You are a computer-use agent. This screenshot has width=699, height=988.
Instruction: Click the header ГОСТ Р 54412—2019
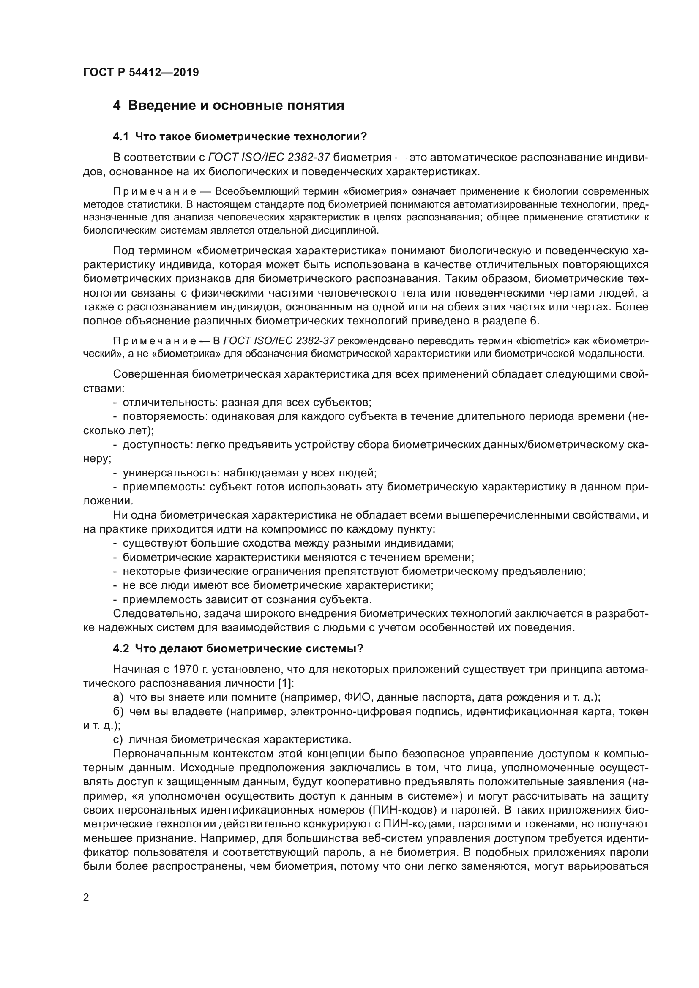click(141, 72)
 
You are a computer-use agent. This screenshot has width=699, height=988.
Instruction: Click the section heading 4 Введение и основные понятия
click(228, 106)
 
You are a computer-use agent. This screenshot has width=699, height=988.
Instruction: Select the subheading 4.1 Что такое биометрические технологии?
click(239, 137)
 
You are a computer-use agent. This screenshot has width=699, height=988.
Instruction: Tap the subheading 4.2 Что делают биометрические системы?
click(238, 648)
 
